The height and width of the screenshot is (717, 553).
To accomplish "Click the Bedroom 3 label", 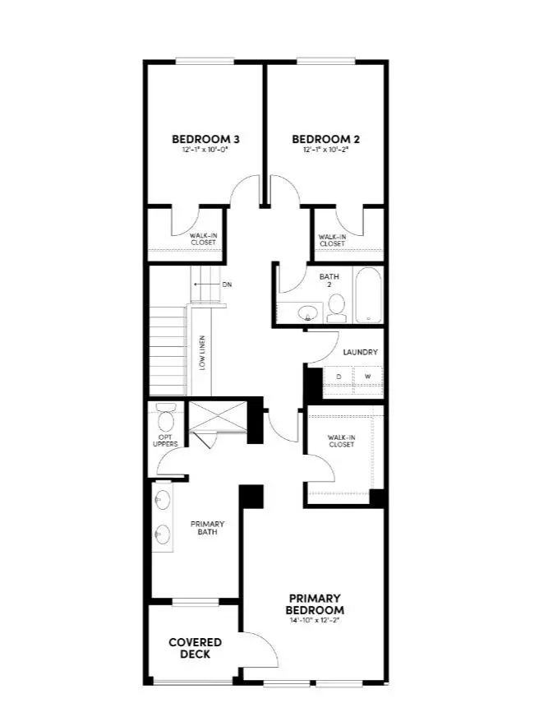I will (205, 138).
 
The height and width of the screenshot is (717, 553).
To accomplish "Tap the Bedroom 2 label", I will (325, 138).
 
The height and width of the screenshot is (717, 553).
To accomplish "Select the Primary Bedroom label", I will (315, 604).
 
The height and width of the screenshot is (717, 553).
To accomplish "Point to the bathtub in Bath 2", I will (368, 296).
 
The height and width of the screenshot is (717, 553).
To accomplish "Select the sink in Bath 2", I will (307, 313).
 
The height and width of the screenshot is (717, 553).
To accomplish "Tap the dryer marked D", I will (338, 377).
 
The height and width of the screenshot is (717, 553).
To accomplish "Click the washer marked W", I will (367, 377).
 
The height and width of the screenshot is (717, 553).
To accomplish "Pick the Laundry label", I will (361, 352).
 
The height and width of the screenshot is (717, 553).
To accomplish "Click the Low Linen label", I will (202, 353).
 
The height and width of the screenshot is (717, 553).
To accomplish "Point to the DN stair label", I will (227, 284).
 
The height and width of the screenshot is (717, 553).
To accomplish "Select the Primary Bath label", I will (208, 529).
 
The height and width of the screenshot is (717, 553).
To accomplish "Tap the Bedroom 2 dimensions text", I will (325, 150).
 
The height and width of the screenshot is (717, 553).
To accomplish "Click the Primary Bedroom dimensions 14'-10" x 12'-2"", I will (315, 622).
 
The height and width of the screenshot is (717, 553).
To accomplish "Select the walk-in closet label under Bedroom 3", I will (203, 239).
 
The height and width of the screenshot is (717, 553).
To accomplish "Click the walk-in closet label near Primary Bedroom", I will (341, 441).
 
